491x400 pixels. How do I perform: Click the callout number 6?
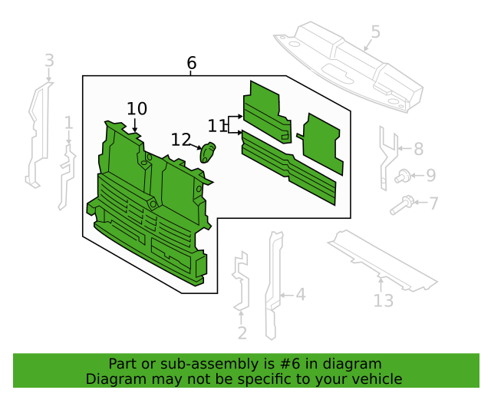(x=191, y=63)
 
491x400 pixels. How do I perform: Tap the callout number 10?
(x=137, y=109)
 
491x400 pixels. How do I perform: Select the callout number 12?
(x=181, y=140)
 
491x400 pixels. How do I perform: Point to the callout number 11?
(x=217, y=125)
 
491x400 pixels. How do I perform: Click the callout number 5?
(x=375, y=31)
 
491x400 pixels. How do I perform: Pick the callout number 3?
(x=49, y=60)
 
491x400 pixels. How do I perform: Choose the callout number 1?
(x=68, y=123)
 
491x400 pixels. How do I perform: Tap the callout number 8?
(x=418, y=149)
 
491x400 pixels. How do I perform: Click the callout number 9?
(x=430, y=176)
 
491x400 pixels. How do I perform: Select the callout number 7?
(x=433, y=203)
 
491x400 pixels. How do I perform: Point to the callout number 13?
(x=384, y=300)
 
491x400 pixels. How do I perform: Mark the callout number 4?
(x=300, y=293)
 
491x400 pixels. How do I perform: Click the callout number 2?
(x=242, y=332)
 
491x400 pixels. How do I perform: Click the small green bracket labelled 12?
(x=208, y=152)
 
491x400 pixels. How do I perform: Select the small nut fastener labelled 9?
(x=401, y=177)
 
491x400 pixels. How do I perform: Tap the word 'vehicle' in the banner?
(x=374, y=379)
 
